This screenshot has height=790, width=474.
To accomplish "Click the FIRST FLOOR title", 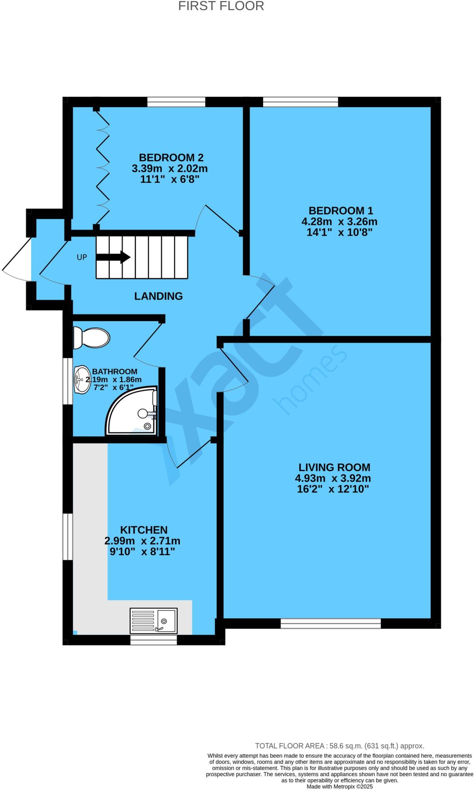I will [x=221, y=6].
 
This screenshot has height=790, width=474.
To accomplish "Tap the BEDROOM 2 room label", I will [x=171, y=157].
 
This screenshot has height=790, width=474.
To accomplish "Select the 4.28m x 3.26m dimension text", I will [x=339, y=222].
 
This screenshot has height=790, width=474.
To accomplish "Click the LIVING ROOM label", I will [x=334, y=467].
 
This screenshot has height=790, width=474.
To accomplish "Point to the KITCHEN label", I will [x=144, y=530].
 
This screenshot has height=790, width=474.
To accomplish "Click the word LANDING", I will [x=158, y=296].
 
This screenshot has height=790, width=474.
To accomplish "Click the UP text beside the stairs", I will [x=82, y=257].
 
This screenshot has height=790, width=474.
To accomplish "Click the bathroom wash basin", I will [x=81, y=380].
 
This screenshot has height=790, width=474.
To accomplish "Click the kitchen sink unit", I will [x=154, y=621].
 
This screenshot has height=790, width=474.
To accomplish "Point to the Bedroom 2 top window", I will [x=176, y=102].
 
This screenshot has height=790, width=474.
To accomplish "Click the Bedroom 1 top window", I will [x=300, y=102].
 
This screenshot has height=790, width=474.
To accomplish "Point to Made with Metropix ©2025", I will [x=339, y=786].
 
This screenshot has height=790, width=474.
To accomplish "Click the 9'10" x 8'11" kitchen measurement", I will [x=142, y=552].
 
